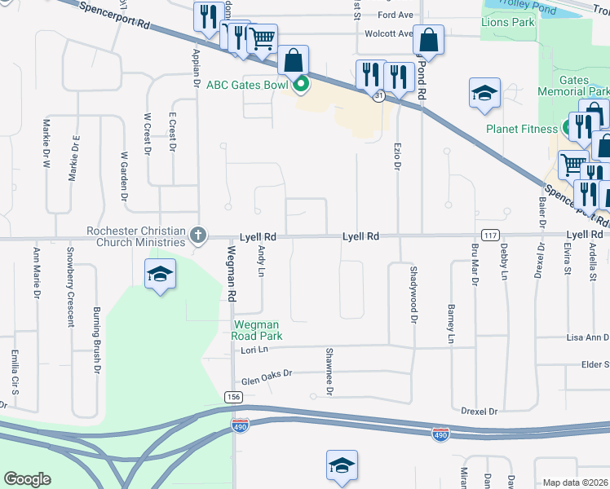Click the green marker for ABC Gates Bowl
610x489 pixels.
click(x=301, y=83)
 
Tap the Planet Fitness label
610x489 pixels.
click(x=522, y=129)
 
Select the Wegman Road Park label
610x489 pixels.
click(x=257, y=329)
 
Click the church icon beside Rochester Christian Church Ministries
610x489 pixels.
click(x=197, y=236)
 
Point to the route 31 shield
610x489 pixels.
click(x=379, y=96)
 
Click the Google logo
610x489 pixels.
click(x=27, y=479)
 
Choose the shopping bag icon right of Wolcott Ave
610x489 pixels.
click(x=428, y=40)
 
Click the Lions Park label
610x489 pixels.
click(x=508, y=23)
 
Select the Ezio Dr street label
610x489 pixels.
click(x=399, y=154)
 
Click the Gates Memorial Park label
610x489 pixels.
click(x=584, y=86)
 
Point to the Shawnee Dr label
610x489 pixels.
click(x=329, y=371)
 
